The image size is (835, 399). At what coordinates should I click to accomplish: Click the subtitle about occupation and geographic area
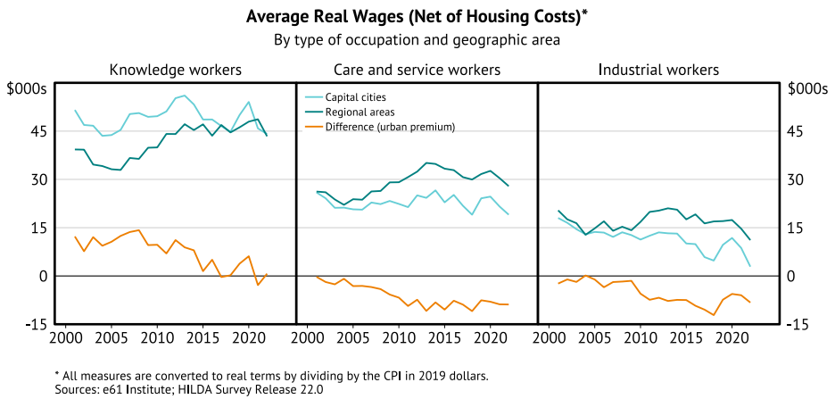[x=417, y=39]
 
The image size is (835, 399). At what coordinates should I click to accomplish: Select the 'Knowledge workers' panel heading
[x=175, y=70]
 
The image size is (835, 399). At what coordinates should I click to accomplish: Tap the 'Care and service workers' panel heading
[x=417, y=70]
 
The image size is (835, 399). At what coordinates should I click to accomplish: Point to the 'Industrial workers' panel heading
[x=658, y=70]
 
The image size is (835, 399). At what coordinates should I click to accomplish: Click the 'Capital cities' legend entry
[x=355, y=97]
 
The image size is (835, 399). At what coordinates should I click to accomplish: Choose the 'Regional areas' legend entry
[x=360, y=112]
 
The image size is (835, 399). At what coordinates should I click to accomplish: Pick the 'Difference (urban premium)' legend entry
[x=390, y=127]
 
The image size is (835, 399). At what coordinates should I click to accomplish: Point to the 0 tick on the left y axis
[x=41, y=276]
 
